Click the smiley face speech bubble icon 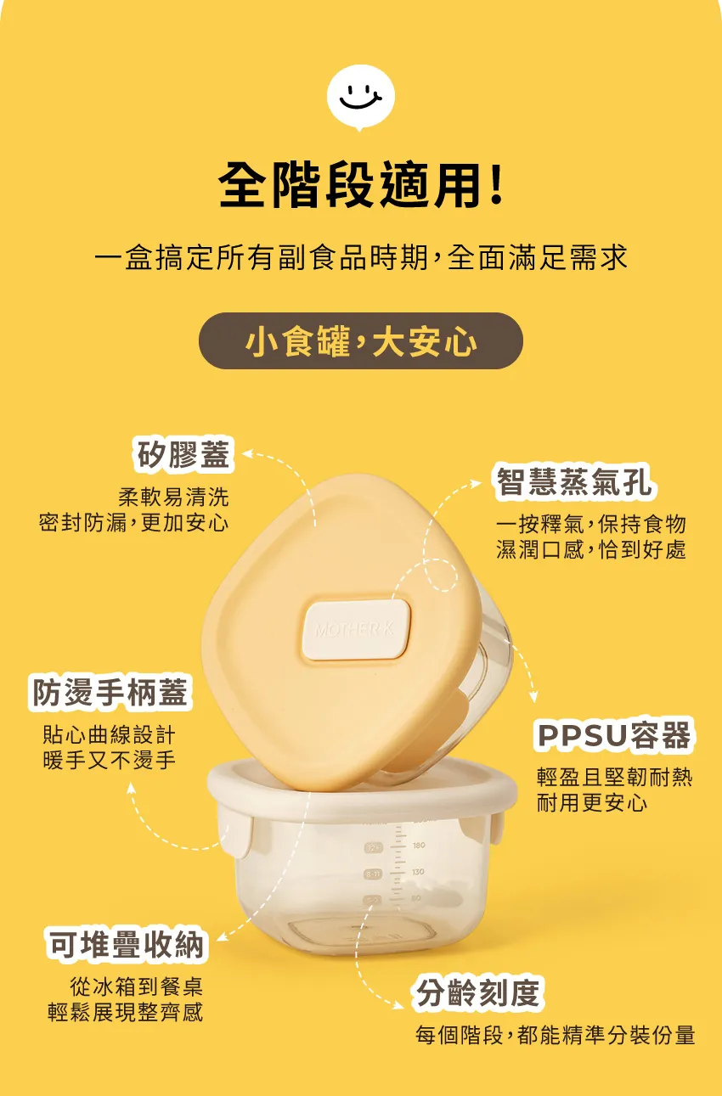point(361,98)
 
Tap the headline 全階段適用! point(361,185)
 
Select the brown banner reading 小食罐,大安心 point(361,340)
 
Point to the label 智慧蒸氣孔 point(573,482)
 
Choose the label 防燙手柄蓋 point(110,693)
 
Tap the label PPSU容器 point(614,735)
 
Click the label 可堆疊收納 point(127,944)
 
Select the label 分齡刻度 point(477,992)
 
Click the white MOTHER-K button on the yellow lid point(355,630)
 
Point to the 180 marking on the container point(419,845)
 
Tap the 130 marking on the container point(418,871)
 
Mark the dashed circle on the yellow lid point(441,575)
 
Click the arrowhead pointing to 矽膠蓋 point(248,453)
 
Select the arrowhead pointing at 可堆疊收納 point(221,936)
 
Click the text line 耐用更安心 point(592,803)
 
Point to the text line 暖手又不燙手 point(110,760)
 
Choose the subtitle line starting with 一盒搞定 point(361,257)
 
